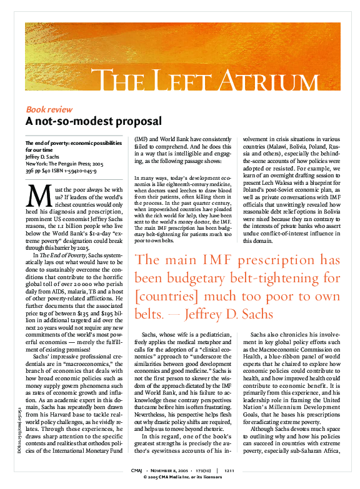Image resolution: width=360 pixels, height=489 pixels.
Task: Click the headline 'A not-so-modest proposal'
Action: click(x=93, y=121)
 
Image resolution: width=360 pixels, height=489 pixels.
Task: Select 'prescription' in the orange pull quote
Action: click(x=281, y=278)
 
